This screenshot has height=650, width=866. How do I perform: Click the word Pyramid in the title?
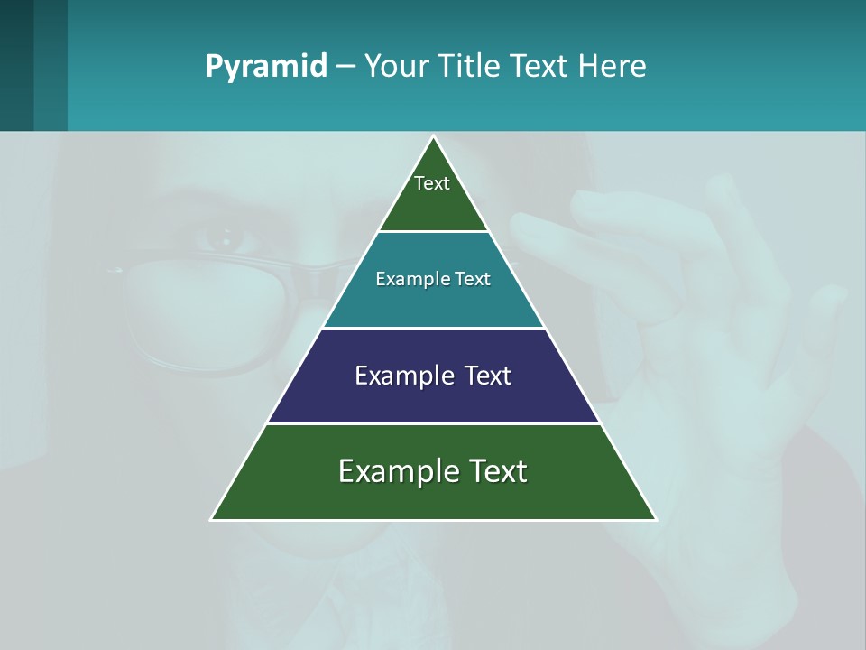266,67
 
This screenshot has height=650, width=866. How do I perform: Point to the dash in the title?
345,67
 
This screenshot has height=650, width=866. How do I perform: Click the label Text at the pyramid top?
432,183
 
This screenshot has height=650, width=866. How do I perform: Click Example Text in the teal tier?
433,279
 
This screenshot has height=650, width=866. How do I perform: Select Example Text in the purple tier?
433,376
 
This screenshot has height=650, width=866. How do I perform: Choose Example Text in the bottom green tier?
433,471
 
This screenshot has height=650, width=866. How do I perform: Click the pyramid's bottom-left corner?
212,519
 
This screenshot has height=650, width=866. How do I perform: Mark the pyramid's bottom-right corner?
655,519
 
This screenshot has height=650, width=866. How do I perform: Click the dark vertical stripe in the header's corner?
16,65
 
